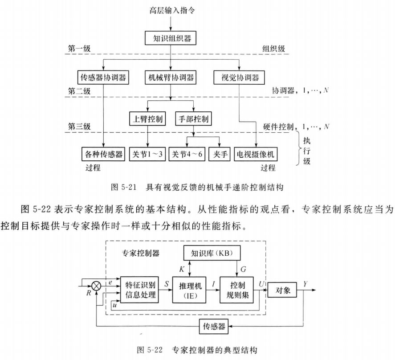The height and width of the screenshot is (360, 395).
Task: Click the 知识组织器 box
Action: coord(171,38)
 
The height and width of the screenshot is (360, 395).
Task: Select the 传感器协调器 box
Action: coord(103,78)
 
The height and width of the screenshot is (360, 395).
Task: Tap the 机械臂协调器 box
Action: coord(171,78)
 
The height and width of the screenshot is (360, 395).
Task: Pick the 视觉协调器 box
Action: coord(240,78)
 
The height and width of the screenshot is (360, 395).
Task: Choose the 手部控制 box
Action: coord(193,119)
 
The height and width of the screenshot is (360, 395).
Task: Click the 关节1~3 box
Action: coord(147,154)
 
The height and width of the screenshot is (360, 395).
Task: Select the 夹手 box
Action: coord(221,154)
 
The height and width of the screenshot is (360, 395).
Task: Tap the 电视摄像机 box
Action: coord(257,154)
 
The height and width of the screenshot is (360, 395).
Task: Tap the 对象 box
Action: coord(281,290)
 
